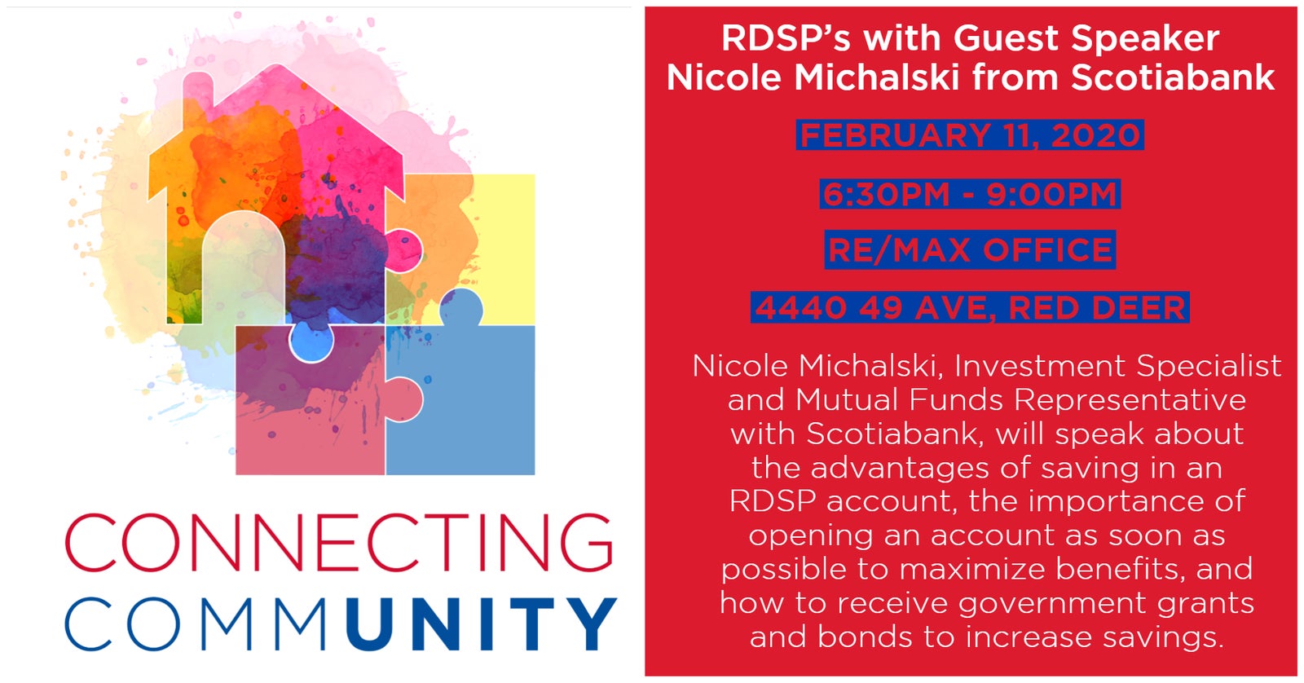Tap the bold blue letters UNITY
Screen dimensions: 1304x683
point(481,624)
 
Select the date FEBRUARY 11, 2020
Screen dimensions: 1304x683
point(970,135)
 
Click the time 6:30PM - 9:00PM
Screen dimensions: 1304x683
point(970,194)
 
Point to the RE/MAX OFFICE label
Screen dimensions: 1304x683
point(970,249)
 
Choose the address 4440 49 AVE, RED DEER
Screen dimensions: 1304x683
point(970,307)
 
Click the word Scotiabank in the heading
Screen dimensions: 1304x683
point(1173,77)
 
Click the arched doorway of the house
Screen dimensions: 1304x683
point(244,268)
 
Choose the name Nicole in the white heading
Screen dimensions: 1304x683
point(724,77)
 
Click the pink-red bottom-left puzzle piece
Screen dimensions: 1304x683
point(310,408)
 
